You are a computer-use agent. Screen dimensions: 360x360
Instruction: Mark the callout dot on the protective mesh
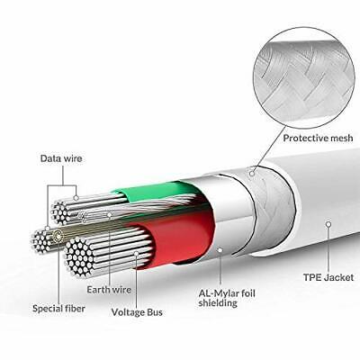pos(254,170)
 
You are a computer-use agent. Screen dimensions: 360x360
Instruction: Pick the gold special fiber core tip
pos(59,237)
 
